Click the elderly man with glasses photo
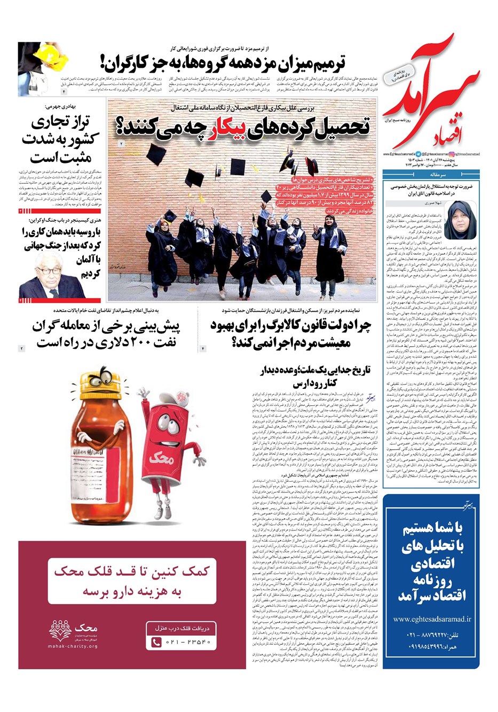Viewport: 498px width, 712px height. pos(51,277)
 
